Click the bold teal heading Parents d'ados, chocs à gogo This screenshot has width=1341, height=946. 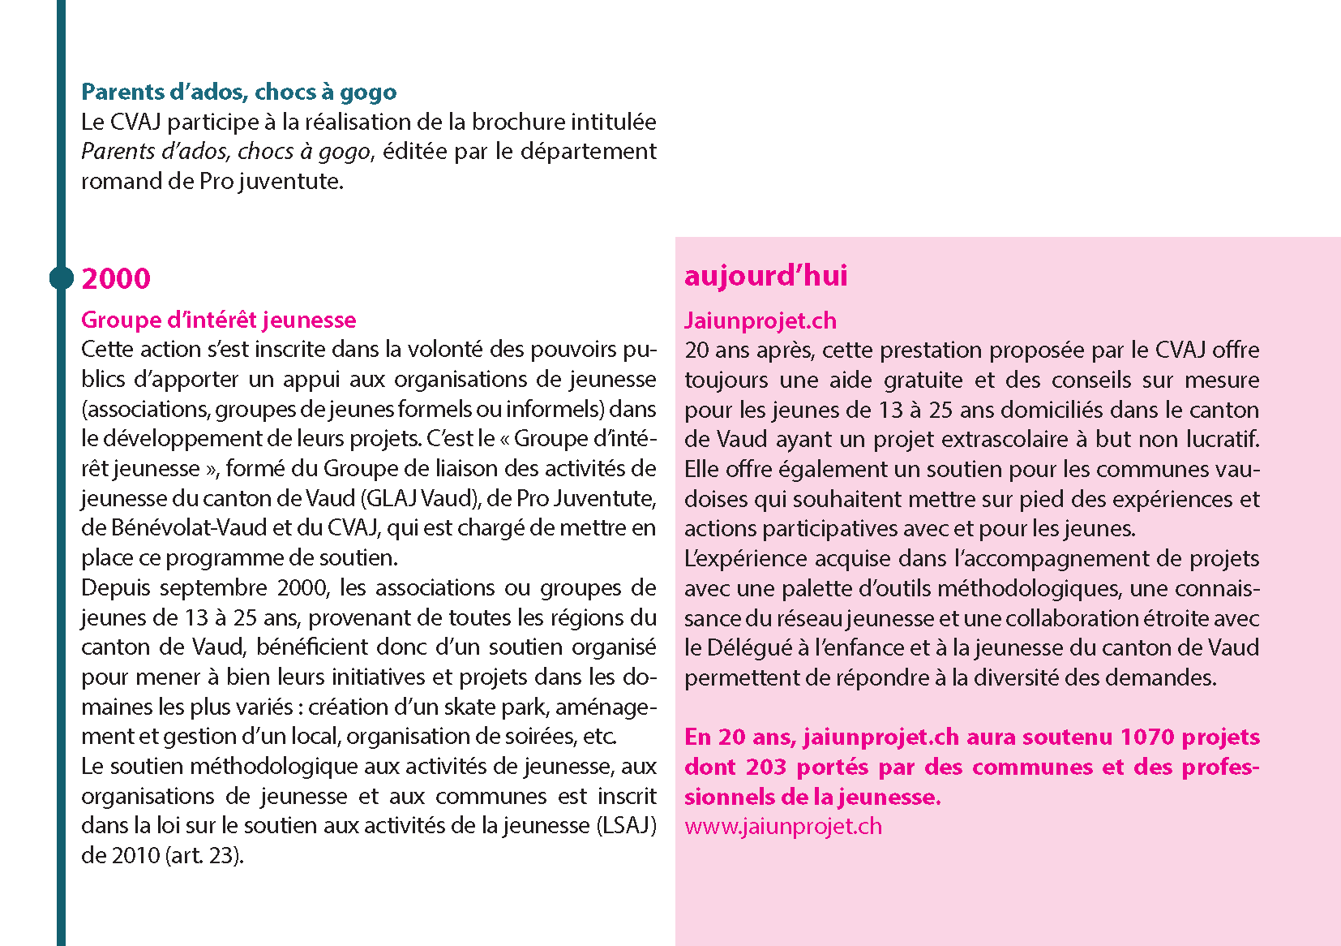click(x=238, y=92)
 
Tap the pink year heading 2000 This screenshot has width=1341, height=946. click(x=116, y=278)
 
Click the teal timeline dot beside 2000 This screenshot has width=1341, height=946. click(x=62, y=278)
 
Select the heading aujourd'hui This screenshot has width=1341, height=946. click(x=765, y=276)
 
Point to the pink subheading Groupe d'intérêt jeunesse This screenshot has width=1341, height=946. click(x=218, y=320)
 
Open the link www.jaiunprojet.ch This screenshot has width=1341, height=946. click(x=782, y=826)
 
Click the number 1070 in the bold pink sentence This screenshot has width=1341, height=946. click(x=1146, y=737)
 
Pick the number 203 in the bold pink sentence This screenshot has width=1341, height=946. click(x=766, y=767)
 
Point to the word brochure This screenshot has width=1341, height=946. click(x=518, y=122)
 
